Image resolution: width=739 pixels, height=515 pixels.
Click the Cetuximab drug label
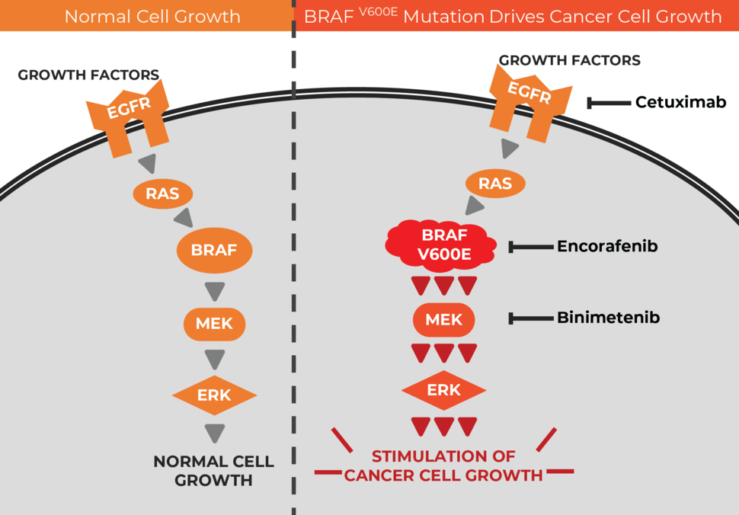pyautogui.click(x=680, y=102)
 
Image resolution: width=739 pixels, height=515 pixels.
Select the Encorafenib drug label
pyautogui.click(x=607, y=246)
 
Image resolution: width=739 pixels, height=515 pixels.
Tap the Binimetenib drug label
pyautogui.click(x=608, y=318)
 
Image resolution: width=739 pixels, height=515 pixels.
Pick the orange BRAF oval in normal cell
pyautogui.click(x=214, y=249)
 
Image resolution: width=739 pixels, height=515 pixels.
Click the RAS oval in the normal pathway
pyautogui.click(x=162, y=194)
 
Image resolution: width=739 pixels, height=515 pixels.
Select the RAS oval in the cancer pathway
pyautogui.click(x=494, y=183)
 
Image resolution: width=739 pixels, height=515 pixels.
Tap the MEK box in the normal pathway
pyautogui.click(x=214, y=323)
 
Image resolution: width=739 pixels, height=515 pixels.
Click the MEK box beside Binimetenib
pyautogui.click(x=444, y=319)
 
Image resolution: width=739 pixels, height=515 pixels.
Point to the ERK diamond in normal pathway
pyautogui.click(x=214, y=395)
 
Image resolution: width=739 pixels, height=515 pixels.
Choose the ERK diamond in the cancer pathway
pyautogui.click(x=444, y=391)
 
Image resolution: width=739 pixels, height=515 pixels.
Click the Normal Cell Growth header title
pyautogui.click(x=152, y=16)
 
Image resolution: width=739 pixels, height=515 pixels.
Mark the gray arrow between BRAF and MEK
pyautogui.click(x=215, y=290)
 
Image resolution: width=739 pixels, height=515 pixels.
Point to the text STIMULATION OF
pyautogui.click(x=443, y=456)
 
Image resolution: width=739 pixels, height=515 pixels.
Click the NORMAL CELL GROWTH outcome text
pyautogui.click(x=213, y=471)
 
